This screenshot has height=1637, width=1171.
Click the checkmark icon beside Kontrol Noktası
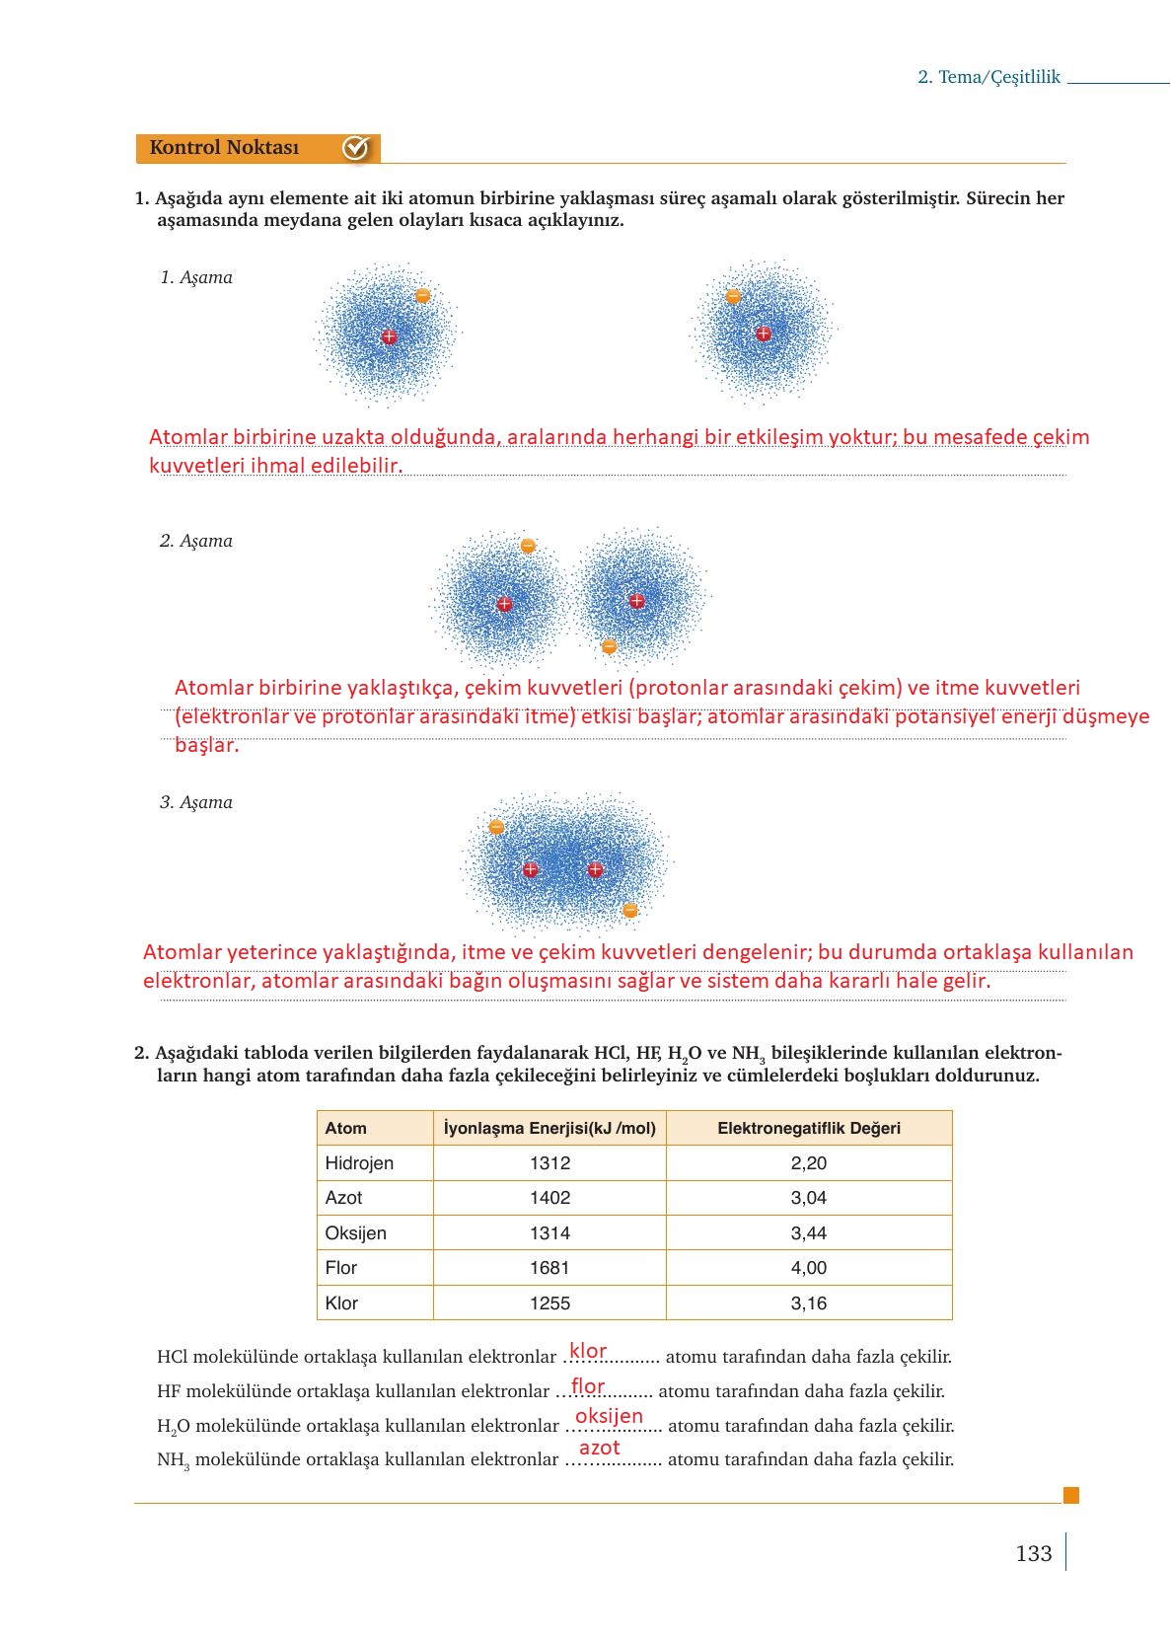coord(355,148)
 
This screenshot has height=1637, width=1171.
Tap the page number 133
coord(1033,1553)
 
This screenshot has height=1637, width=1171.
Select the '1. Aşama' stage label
coord(196,277)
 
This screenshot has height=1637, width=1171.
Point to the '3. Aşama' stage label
coord(196,802)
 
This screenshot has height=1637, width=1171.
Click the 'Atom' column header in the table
coord(345,1128)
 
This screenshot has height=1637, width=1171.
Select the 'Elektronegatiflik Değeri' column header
coord(808,1128)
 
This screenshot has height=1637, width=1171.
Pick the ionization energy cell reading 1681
coord(549,1268)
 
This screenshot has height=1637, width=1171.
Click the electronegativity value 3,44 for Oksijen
coord(808,1232)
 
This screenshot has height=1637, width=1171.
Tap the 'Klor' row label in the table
coord(341,1302)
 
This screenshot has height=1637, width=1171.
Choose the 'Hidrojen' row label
coord(359,1162)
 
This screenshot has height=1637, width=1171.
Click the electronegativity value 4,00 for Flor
coord(808,1268)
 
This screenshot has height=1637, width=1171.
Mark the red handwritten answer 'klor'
coord(588,1351)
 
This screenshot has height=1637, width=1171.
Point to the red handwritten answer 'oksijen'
coord(609,1416)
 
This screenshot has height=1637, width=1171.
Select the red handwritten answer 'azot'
coord(599,1448)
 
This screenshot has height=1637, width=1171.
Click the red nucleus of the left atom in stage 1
coord(389,336)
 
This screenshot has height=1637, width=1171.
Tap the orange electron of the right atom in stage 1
coord(733,296)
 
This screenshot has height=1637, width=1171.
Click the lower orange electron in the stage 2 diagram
coord(609,646)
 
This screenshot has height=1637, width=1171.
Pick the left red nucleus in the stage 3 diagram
coord(530,869)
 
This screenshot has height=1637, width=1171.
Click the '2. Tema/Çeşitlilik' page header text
coord(988,77)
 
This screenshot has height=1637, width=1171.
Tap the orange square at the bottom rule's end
coord(1070,1495)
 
